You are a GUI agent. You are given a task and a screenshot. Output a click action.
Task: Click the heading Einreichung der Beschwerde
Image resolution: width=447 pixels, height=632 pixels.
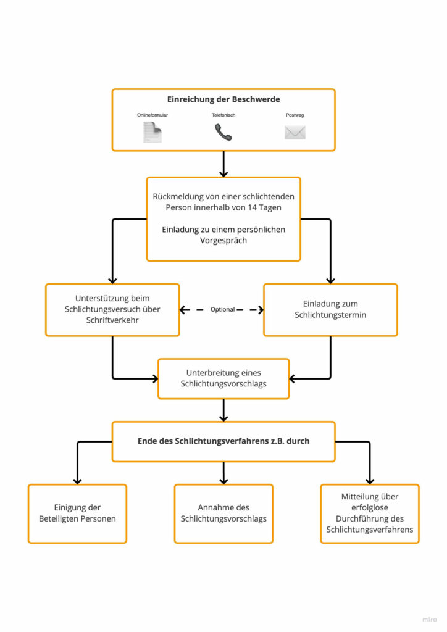tap(223, 99)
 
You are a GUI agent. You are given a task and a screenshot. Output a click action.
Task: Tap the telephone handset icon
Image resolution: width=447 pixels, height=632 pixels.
tap(223, 132)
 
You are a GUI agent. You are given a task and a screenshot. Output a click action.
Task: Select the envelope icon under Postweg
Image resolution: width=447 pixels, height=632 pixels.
tap(295, 132)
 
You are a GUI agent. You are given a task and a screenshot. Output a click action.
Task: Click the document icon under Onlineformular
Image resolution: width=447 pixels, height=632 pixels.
tap(152, 133)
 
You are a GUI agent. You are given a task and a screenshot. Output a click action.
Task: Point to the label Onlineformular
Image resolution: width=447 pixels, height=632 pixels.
tap(152, 115)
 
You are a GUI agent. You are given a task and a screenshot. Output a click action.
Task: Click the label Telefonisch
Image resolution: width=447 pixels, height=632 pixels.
tap(223, 115)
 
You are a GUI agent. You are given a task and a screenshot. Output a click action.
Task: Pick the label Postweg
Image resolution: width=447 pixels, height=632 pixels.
tap(295, 115)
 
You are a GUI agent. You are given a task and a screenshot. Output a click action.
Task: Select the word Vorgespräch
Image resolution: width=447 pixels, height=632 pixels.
tap(223, 241)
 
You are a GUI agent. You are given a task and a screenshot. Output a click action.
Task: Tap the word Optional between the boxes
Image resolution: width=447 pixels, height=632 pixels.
tap(222, 310)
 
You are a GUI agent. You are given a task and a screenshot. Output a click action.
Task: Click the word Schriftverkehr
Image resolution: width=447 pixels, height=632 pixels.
tap(112, 320)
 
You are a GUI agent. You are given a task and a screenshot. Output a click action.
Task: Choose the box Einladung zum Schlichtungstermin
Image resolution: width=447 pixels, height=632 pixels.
tap(330, 310)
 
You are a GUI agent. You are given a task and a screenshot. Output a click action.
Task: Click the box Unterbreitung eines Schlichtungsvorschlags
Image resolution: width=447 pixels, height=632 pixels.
tap(223, 378)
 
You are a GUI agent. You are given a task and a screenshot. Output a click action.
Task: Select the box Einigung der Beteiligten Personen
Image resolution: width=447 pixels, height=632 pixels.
tap(77, 513)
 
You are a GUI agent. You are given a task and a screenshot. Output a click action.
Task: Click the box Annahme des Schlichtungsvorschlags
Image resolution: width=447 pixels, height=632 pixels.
tap(223, 513)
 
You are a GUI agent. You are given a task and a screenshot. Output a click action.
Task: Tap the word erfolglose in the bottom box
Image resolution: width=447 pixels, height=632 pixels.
tap(370, 507)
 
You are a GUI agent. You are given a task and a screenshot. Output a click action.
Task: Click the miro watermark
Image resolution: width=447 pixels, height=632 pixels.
tap(429, 619)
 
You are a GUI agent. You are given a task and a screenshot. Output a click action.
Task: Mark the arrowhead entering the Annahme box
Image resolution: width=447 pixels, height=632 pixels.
tap(223, 481)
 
